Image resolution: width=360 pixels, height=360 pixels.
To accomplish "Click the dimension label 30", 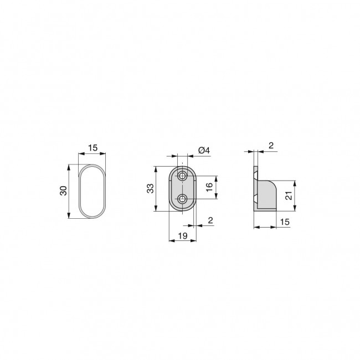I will tap(64, 191).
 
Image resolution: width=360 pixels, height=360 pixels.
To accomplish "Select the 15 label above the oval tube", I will tap(92, 148).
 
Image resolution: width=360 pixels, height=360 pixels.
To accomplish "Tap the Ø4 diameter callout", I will tap(203, 150).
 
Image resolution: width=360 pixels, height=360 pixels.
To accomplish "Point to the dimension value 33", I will tap(150, 189).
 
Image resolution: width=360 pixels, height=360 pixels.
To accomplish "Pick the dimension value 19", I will tap(181, 236).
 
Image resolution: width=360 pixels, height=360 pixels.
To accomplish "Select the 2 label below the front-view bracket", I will tap(210, 220).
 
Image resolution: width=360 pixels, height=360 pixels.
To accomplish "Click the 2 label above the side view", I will tap(271, 145).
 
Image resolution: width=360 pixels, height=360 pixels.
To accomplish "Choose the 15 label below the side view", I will tap(285, 222).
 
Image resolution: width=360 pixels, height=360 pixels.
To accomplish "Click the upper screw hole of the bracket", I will tap(182, 176).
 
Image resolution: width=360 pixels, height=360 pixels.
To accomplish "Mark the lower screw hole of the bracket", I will tap(182, 198).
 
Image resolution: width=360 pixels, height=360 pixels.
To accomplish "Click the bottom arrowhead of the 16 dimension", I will tap(216, 197).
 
